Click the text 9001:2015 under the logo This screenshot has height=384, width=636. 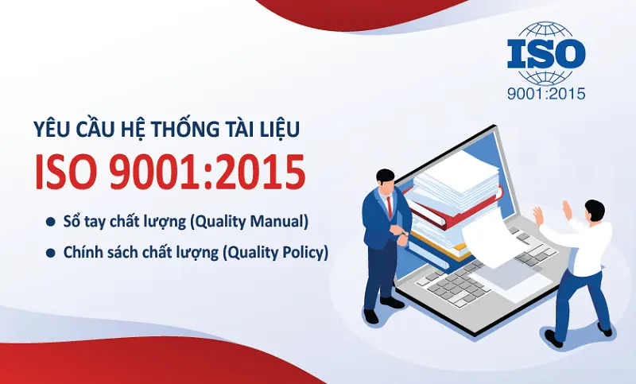click(x=545, y=94)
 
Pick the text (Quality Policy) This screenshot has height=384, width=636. click(x=275, y=253)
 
